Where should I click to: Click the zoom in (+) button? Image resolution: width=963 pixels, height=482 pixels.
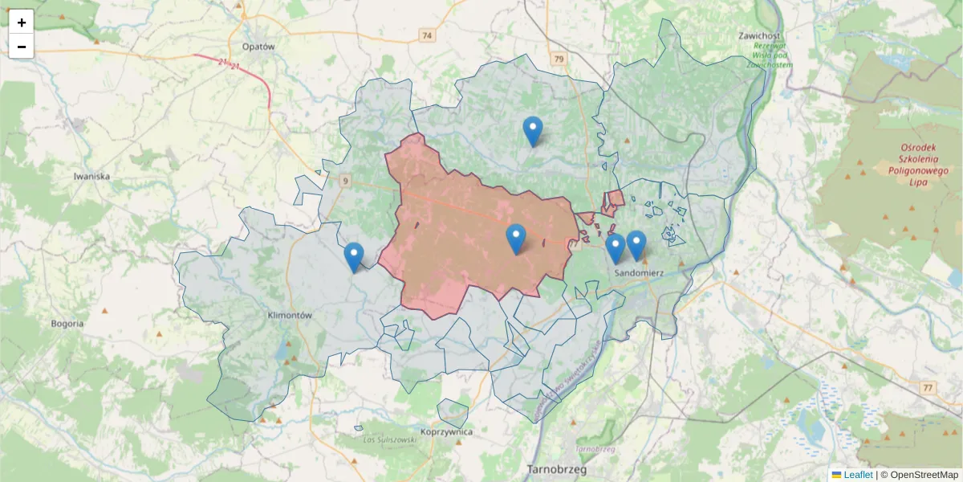point(22,22)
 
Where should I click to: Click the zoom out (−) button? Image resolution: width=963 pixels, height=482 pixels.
point(22,47)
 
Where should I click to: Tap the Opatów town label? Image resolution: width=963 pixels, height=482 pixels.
point(257,47)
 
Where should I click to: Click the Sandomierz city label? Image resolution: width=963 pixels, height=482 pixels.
point(639,273)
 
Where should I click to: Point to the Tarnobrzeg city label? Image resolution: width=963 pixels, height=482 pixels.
point(557,469)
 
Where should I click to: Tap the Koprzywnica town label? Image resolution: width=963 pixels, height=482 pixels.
point(446,432)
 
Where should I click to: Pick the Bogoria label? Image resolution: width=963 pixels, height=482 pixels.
point(67,324)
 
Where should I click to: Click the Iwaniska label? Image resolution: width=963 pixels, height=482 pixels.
point(91,176)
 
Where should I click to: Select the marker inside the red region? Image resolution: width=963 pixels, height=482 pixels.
point(516,239)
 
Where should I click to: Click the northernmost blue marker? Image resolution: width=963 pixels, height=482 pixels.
point(533,131)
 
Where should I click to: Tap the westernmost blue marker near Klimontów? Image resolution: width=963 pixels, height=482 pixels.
point(353,257)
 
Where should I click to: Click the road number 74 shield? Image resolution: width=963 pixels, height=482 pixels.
point(426,35)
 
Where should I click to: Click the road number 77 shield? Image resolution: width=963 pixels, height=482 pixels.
point(928,389)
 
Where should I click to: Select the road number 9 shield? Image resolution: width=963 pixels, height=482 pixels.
point(346,182)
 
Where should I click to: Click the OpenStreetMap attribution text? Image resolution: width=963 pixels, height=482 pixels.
point(924,475)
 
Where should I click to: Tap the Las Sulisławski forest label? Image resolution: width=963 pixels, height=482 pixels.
point(388,440)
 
